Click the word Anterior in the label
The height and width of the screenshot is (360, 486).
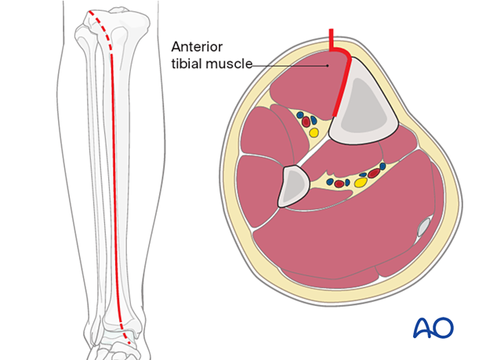(197, 47)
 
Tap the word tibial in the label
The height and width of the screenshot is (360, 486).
(187, 64)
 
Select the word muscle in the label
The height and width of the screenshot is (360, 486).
(230, 64)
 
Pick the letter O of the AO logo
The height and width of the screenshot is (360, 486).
(443, 327)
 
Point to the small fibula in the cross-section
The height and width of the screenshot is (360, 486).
(293, 186)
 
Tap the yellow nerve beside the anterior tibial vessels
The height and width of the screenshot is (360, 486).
(314, 133)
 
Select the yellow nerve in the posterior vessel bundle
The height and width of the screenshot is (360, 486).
(361, 182)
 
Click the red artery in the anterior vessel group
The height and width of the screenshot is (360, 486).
(306, 122)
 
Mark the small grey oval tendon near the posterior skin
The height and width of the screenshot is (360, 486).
(424, 227)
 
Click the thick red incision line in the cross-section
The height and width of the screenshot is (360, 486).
(343, 78)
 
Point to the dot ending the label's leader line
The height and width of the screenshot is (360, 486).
(328, 66)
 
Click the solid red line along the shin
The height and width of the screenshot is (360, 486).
(114, 186)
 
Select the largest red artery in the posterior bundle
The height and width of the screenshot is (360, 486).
(374, 173)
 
